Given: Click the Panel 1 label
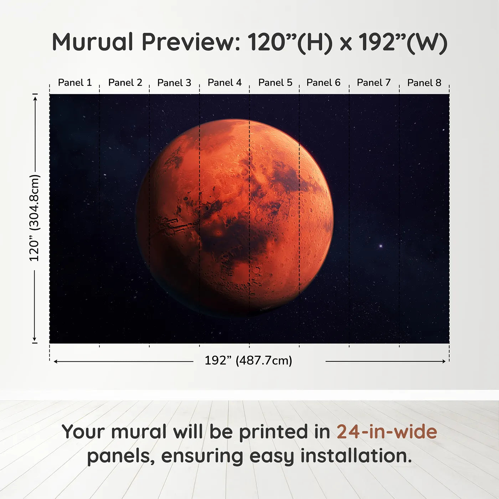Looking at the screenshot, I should tap(75, 83).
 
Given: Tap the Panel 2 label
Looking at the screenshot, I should tap(125, 83).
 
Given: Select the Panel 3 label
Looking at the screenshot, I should tap(174, 83).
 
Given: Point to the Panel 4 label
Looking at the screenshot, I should tap(225, 83).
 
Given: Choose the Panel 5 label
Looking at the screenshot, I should tap(275, 83).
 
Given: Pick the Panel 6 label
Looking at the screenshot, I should tap(323, 83).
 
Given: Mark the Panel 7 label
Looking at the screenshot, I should tap(374, 83).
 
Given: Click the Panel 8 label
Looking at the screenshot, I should tap(424, 83).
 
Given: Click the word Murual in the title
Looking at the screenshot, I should tap(93, 42).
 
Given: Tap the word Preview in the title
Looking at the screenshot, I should tap(191, 42).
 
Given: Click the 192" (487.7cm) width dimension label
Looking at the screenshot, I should tap(248, 361).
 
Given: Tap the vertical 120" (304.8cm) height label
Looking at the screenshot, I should tap(35, 218).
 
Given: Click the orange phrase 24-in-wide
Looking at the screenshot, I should tap(387, 432).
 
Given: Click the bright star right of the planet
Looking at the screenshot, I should tap(381, 246).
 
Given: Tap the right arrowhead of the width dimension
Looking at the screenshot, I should tap(444, 361).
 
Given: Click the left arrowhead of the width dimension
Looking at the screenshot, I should tap(56, 361).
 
